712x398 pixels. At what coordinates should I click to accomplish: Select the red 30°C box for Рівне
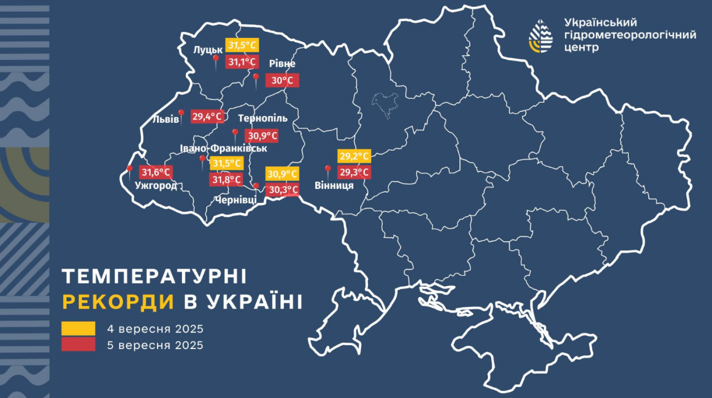click(283, 81)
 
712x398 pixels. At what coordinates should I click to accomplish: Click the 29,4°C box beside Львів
click(207, 116)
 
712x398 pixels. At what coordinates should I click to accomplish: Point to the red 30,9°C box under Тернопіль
click(262, 136)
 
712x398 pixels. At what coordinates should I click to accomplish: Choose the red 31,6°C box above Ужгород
click(155, 172)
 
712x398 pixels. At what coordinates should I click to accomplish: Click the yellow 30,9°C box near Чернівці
click(283, 174)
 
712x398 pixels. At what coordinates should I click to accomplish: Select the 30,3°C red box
click(283, 190)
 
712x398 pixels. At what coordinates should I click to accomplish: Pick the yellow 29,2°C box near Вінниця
click(354, 157)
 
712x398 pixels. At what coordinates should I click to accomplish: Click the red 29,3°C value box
click(354, 172)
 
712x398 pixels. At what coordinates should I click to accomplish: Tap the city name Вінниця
click(334, 186)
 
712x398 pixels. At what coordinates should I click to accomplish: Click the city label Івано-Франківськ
click(224, 148)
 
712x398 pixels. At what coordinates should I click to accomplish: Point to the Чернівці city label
click(235, 200)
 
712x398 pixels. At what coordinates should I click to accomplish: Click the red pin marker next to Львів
click(181, 114)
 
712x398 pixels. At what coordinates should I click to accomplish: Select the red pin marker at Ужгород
click(130, 169)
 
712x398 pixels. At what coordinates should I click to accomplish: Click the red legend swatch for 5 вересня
click(78, 345)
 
